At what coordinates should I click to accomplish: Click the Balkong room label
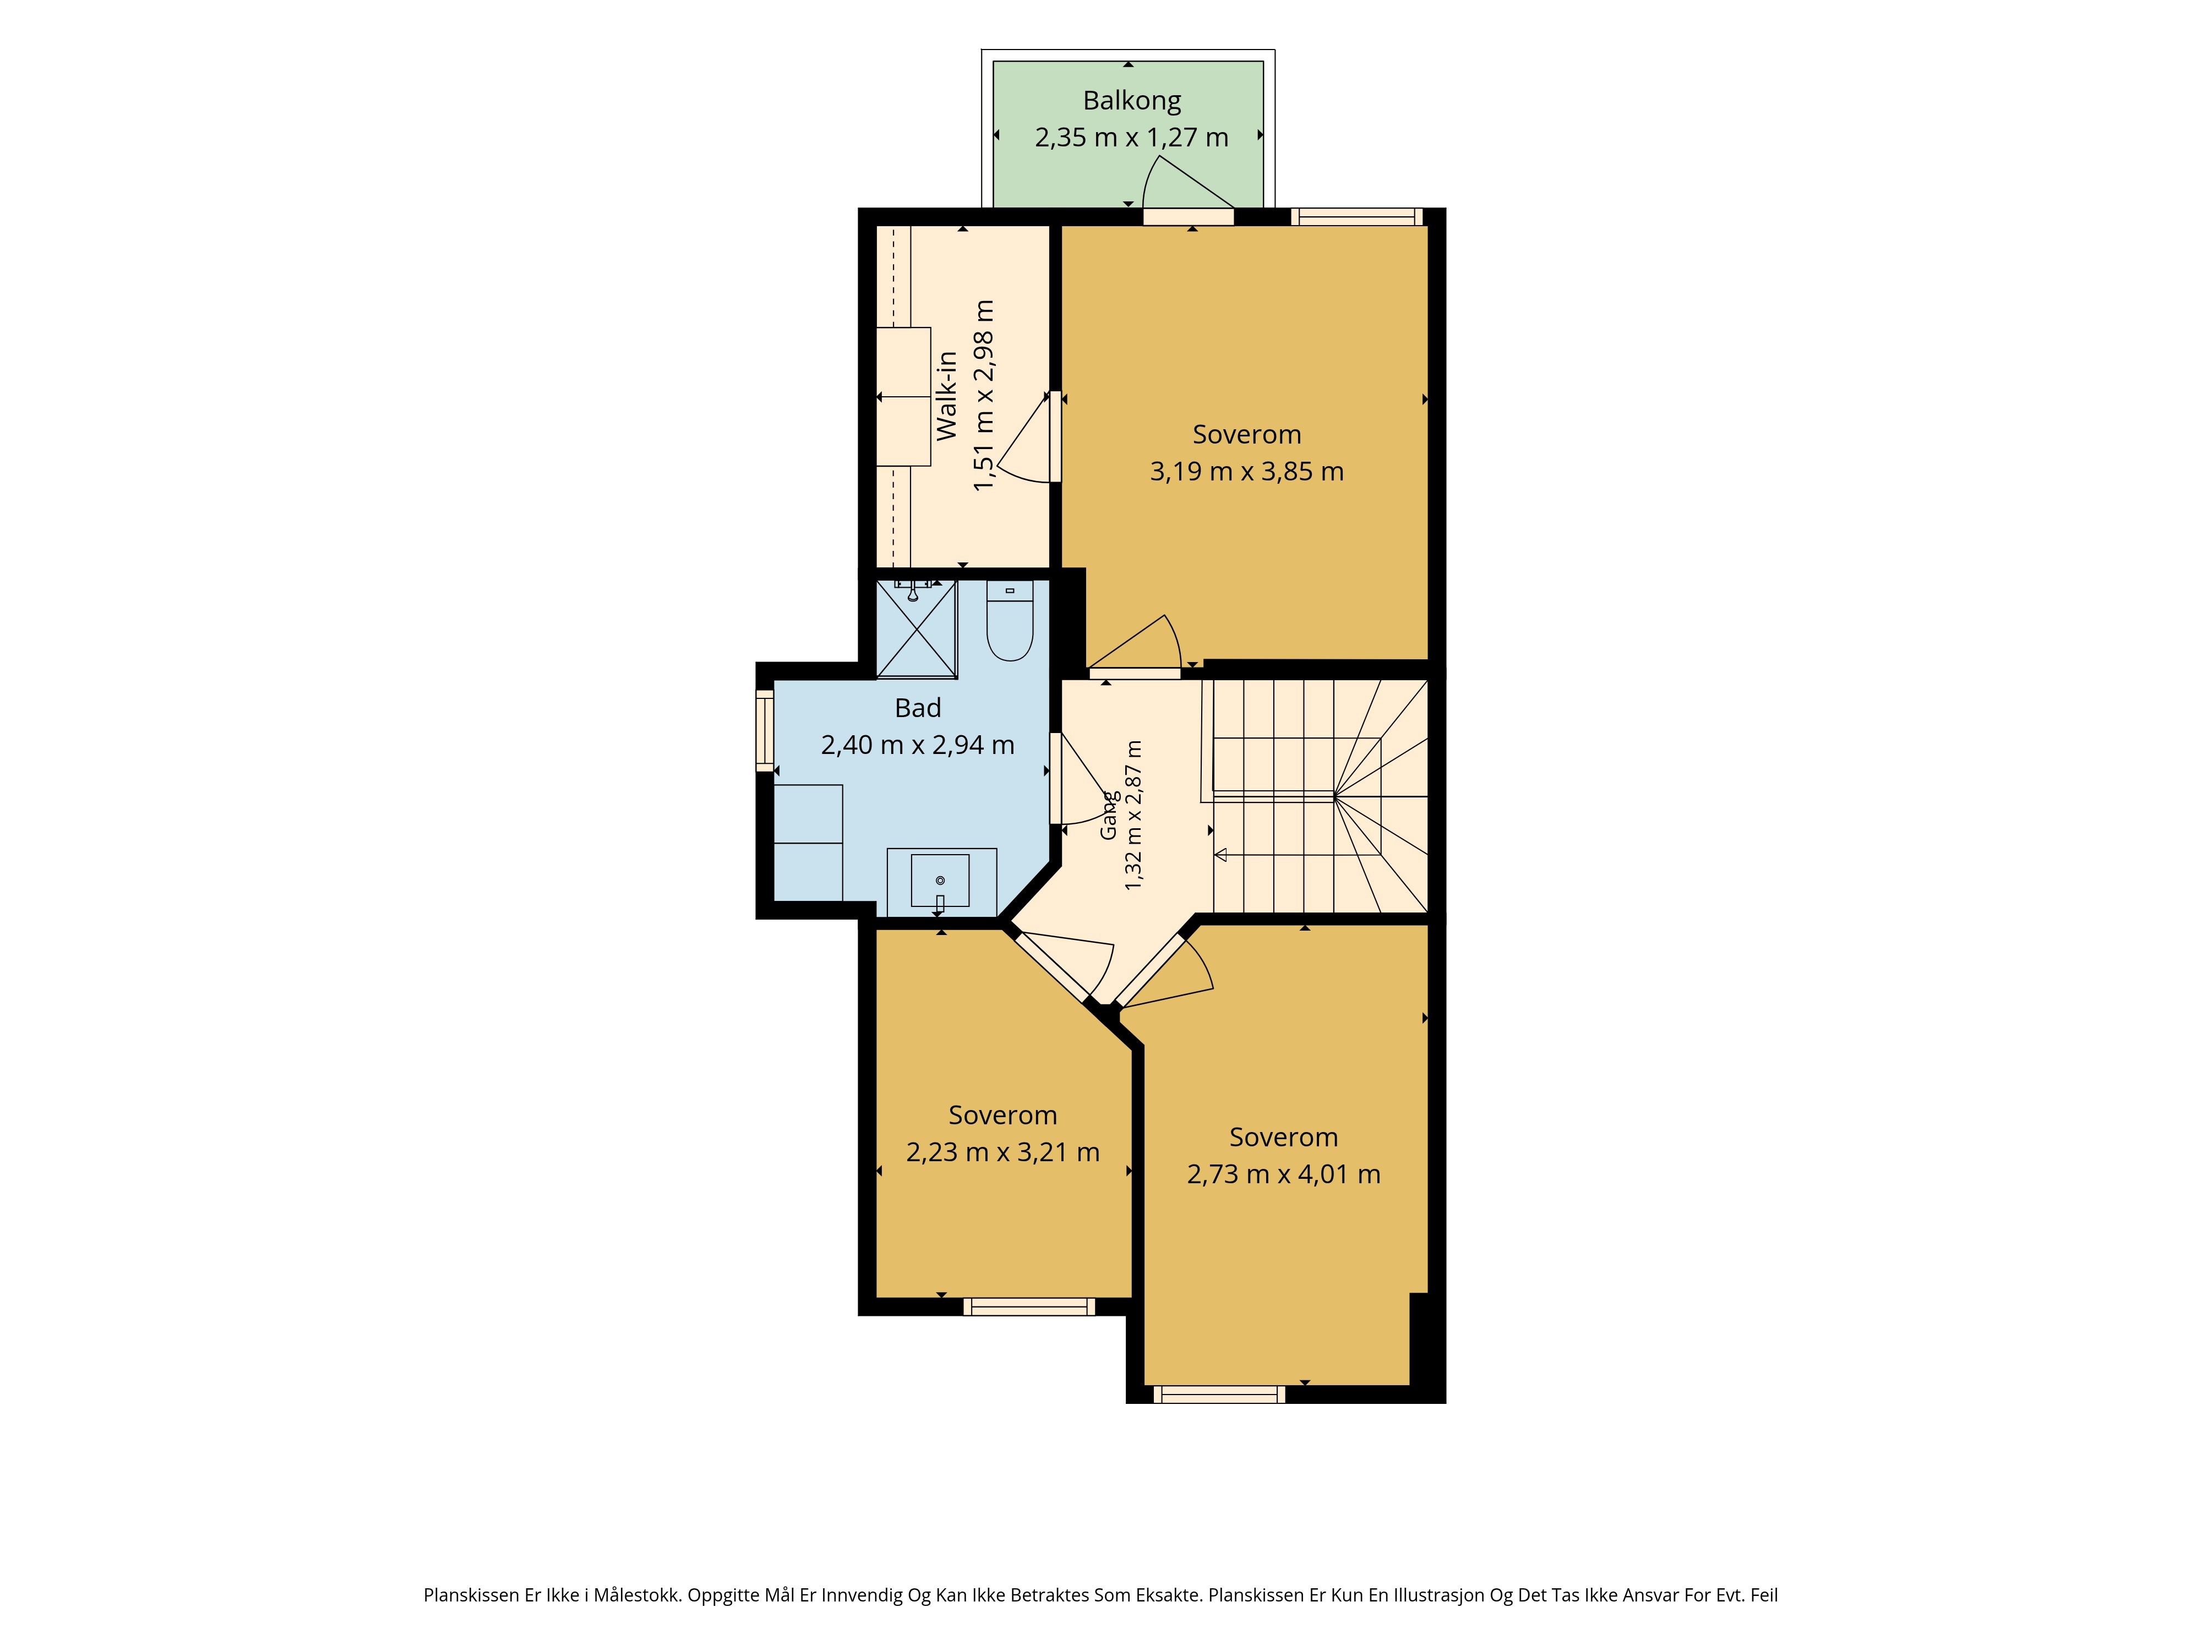[1132, 101]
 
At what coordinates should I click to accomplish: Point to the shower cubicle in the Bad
[916, 629]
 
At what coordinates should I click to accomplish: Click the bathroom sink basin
[940, 881]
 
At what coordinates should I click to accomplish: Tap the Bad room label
[918, 708]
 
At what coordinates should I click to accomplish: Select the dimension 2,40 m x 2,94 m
[918, 745]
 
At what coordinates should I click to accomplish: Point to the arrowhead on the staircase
[1220, 855]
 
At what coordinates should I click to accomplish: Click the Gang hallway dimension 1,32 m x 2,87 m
[1133, 815]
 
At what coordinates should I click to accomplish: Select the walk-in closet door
[1055, 437]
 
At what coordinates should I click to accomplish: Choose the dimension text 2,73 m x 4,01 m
[1283, 1174]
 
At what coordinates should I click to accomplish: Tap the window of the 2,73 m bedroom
[1219, 1394]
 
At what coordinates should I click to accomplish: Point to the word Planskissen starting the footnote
[471, 1595]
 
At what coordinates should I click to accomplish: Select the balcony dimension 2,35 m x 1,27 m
[1132, 138]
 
